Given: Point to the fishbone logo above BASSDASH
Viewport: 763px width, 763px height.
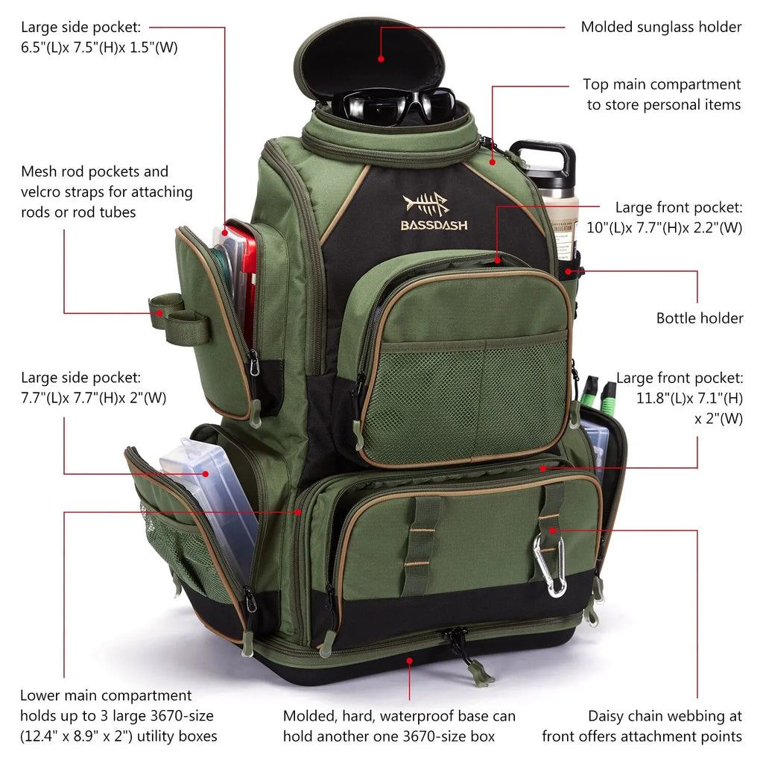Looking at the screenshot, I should pyautogui.click(x=426, y=203).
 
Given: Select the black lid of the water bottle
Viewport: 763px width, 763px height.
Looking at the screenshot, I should pyautogui.click(x=543, y=158).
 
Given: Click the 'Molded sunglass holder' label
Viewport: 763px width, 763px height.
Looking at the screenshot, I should pyautogui.click(x=661, y=28).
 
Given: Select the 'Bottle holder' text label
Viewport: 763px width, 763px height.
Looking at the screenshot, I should pyautogui.click(x=699, y=318).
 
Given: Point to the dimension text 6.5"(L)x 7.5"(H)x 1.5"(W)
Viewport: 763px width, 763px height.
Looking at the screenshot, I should pyautogui.click(x=99, y=48).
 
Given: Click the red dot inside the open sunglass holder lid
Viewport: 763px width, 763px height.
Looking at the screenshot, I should pyautogui.click(x=381, y=58).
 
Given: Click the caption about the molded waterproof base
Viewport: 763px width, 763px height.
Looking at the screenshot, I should pyautogui.click(x=399, y=726).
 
